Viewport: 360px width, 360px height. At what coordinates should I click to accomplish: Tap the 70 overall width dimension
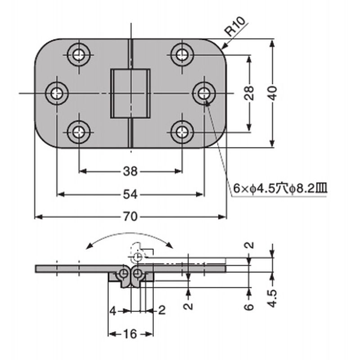click(130, 217)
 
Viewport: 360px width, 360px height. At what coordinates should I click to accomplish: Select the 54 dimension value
click(130, 194)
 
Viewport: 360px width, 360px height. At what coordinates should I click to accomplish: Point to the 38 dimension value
click(130, 171)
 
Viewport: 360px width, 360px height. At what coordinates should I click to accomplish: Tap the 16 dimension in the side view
click(130, 334)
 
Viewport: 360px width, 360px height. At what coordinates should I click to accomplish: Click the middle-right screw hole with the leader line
click(203, 94)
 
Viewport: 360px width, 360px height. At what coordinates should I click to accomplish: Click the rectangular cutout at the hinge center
click(130, 94)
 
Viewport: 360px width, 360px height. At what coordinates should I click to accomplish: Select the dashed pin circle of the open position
click(138, 256)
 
